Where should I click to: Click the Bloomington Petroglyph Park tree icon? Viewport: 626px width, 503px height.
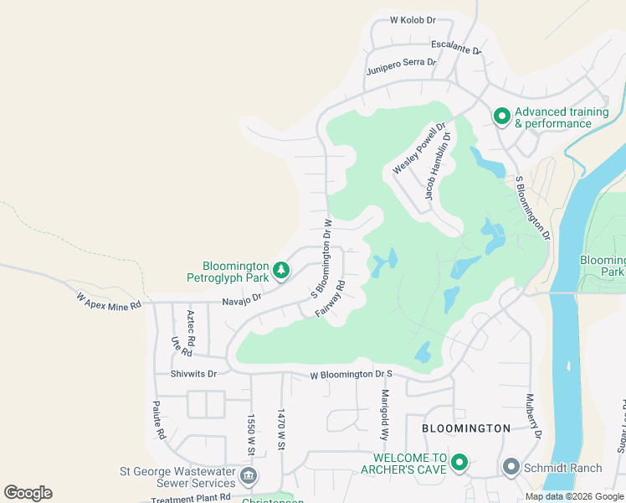pyautogui.click(x=283, y=269)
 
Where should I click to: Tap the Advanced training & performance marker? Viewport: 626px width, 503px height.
pyautogui.click(x=501, y=117)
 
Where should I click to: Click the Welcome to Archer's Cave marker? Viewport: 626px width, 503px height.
pyautogui.click(x=459, y=463)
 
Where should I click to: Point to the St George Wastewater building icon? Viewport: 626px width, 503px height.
pyautogui.click(x=249, y=477)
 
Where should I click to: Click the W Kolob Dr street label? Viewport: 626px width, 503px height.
pyautogui.click(x=413, y=19)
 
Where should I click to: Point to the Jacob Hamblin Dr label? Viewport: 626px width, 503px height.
pyautogui.click(x=438, y=166)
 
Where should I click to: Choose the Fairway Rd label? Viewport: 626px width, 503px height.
pyautogui.click(x=331, y=298)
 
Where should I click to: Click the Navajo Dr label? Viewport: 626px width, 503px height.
pyautogui.click(x=242, y=299)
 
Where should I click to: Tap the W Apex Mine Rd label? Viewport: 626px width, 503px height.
pyautogui.click(x=108, y=302)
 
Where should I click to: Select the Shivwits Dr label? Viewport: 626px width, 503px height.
pyautogui.click(x=193, y=374)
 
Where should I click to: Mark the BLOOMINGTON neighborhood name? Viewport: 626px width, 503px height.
pyautogui.click(x=466, y=428)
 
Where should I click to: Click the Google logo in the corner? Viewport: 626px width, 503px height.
pyautogui.click(x=28, y=493)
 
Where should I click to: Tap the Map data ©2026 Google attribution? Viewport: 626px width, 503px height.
pyautogui.click(x=573, y=496)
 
